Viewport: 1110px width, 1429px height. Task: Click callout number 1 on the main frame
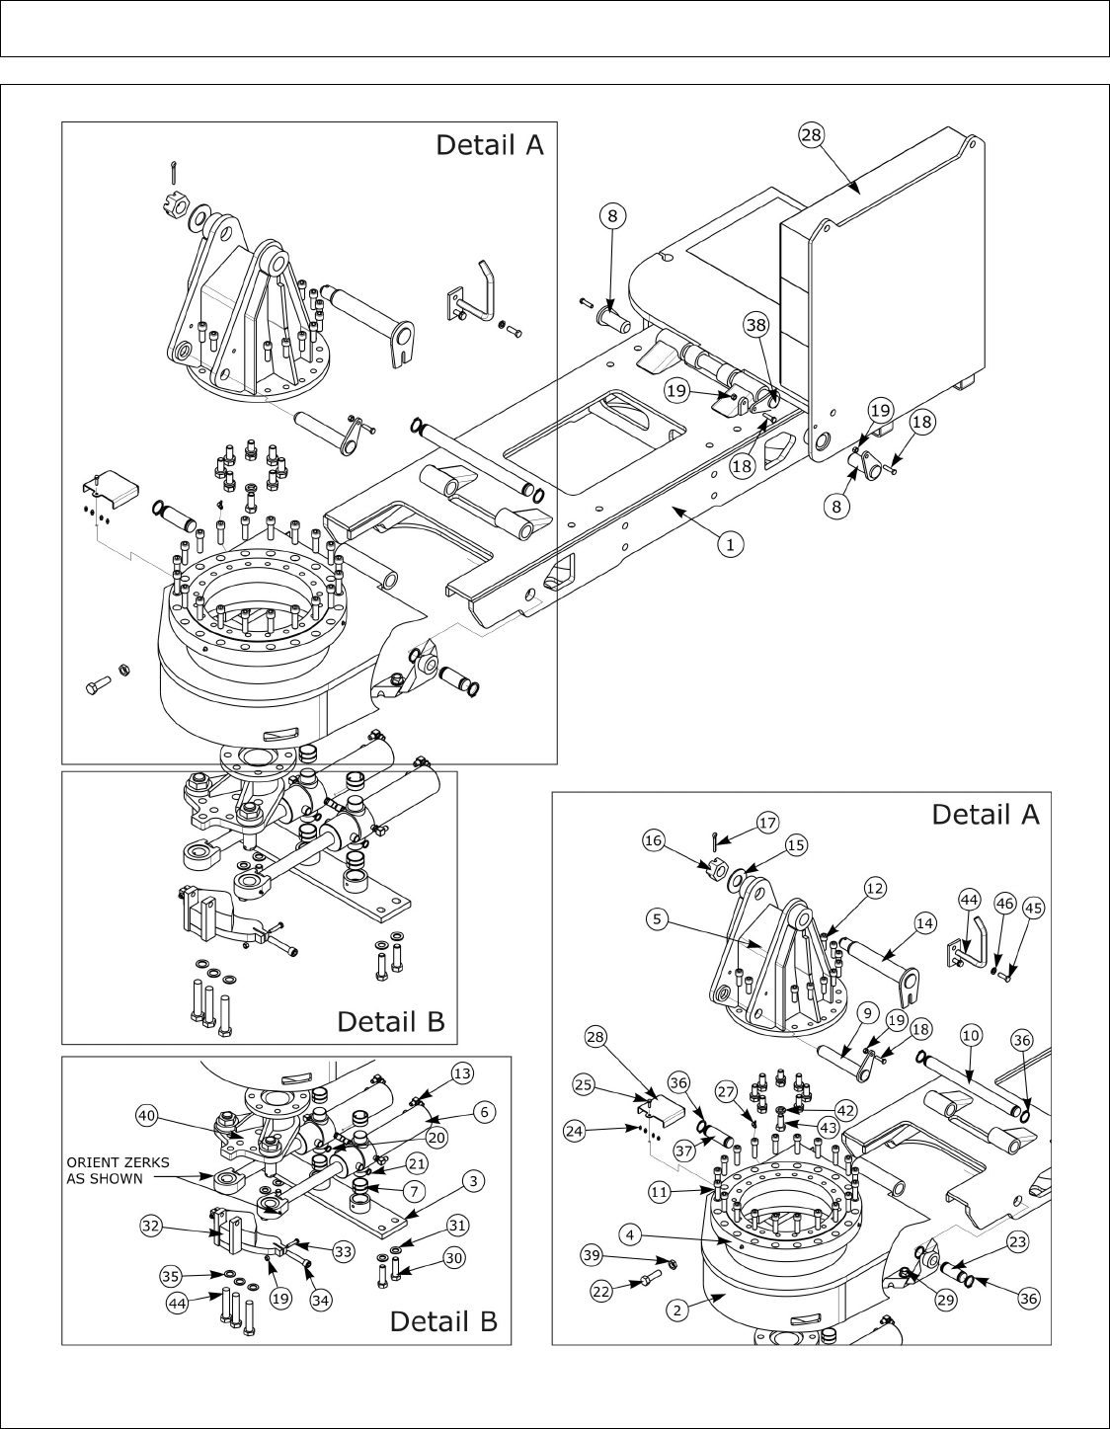pyautogui.click(x=730, y=542)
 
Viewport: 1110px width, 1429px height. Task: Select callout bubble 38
pyautogui.click(x=755, y=324)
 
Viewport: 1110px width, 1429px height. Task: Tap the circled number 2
pyautogui.click(x=676, y=1310)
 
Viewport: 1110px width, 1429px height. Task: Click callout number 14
pyautogui.click(x=924, y=923)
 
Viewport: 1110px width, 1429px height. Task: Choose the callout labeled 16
pyautogui.click(x=653, y=840)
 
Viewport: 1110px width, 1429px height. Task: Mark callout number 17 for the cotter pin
pyautogui.click(x=767, y=822)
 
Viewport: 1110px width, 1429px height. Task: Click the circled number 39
pyautogui.click(x=591, y=1254)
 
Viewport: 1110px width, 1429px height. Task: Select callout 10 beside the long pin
pyautogui.click(x=970, y=1035)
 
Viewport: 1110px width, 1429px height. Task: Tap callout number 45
pyautogui.click(x=1033, y=907)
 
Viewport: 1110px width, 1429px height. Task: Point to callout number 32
pyautogui.click(x=151, y=1225)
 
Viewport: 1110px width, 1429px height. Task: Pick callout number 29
pyautogui.click(x=946, y=1300)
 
